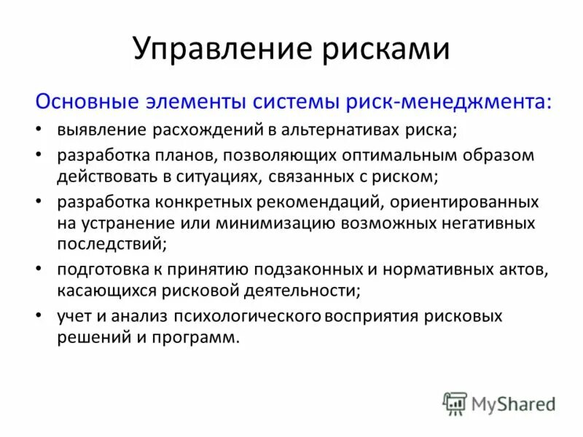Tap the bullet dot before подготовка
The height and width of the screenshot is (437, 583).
click(38, 269)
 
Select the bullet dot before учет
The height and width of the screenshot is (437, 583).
click(38, 316)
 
